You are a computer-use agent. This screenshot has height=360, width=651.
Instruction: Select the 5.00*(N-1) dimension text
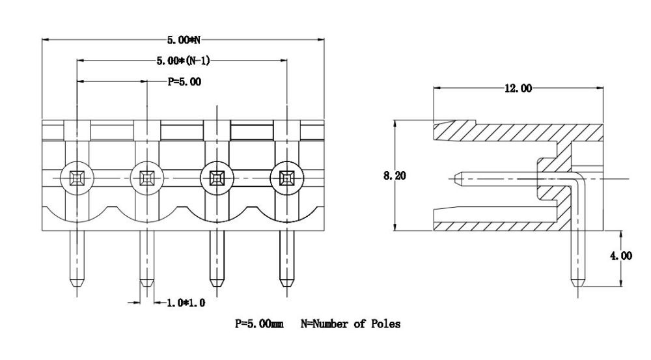183,61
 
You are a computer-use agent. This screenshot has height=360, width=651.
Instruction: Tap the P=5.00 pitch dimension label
184,82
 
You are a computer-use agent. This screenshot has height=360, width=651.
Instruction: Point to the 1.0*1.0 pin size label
187,302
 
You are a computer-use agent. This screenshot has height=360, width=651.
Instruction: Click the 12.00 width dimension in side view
517,88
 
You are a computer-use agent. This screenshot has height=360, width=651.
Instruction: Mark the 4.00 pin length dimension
620,256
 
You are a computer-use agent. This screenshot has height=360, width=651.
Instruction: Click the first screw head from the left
77,176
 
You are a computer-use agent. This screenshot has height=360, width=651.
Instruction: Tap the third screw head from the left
217,176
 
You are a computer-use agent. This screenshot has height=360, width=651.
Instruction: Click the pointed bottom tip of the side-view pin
577,286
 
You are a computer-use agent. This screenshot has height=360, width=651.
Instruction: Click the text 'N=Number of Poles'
351,324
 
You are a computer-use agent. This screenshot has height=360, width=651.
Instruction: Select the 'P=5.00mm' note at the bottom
259,324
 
